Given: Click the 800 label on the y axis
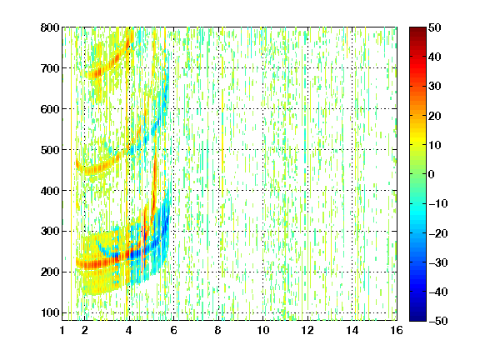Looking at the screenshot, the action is (x=50, y=27).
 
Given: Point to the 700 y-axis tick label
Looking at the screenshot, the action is (x=50, y=68).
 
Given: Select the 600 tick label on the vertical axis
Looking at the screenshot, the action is (x=50, y=109).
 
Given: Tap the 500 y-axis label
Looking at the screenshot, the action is (x=50, y=150).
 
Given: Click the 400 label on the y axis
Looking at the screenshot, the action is (x=50, y=191).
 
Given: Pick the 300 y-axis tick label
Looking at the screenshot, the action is (x=50, y=231).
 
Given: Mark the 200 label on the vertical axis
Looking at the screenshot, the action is (x=50, y=272).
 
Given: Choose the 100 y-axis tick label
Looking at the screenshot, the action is (x=50, y=312).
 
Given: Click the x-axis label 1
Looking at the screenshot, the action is (x=62, y=330).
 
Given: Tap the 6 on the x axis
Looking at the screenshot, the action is (x=173, y=330).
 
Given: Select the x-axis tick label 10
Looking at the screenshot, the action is (x=263, y=330).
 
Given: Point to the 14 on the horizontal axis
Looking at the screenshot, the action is (x=352, y=330).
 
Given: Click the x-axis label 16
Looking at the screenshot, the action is (x=397, y=330).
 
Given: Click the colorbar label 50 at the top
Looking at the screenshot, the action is (x=435, y=27).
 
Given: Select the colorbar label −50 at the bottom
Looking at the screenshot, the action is (x=438, y=321).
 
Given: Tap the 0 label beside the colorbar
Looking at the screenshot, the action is (x=432, y=174).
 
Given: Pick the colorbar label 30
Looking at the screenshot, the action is (x=435, y=86).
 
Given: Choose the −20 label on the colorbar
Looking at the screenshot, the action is (x=438, y=233).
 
